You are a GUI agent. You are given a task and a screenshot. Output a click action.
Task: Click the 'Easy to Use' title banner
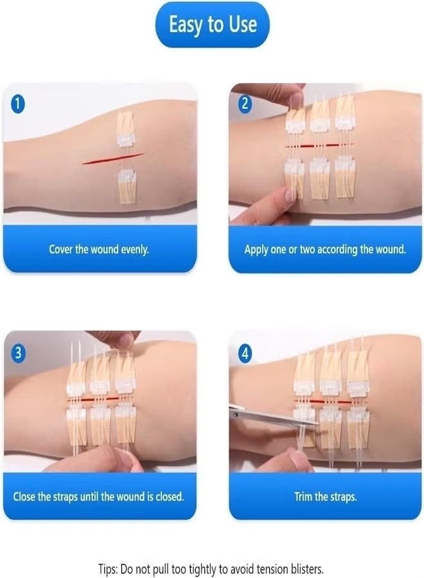pyautogui.click(x=213, y=25)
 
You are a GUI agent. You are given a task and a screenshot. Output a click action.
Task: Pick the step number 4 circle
pyautogui.click(x=245, y=353)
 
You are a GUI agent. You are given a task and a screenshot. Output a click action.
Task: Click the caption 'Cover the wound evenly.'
pyautogui.click(x=99, y=249)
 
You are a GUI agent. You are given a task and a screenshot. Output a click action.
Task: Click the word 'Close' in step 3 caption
pyautogui.click(x=26, y=497)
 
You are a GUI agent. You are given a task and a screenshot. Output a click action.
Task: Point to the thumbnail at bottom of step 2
pyautogui.click(x=290, y=193)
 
